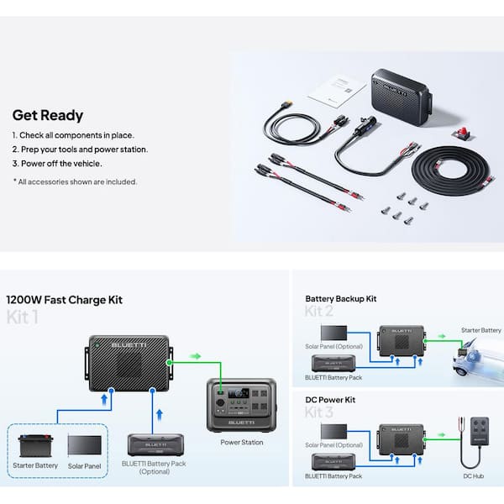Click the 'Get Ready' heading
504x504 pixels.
tap(47, 115)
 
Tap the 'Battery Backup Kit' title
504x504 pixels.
tap(342, 298)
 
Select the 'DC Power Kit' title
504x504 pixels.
tap(330, 400)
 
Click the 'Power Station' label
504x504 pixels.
tap(241, 442)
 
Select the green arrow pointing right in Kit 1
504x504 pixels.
tap(195, 356)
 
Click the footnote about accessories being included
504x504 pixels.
tap(75, 181)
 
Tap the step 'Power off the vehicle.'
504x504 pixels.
tap(57, 164)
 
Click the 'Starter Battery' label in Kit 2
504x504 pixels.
tap(480, 331)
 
